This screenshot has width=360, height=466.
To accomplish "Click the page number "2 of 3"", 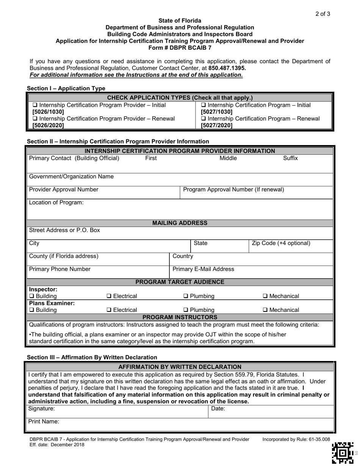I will coord(322,14).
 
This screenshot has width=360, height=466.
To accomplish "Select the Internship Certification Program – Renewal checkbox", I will coord(203,119).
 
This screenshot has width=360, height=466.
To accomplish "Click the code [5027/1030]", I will coord(216,112).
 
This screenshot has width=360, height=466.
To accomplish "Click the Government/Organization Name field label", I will coord(71,177).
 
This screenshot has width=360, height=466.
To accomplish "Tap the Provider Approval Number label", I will coord(64,189).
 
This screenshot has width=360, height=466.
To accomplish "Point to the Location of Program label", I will coord(56,202).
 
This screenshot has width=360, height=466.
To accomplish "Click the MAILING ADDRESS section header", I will coord(180,223).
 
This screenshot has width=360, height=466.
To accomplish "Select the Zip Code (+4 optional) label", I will coord(281,243).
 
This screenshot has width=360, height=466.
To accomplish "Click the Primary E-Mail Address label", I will coord(203,269).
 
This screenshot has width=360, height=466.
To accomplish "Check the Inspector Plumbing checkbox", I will coord(186,296).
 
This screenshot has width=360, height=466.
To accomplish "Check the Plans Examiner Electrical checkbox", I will coord(109,310).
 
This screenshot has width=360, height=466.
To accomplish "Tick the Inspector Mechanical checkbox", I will coord(266,296).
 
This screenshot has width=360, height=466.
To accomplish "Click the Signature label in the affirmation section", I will coord(42,408).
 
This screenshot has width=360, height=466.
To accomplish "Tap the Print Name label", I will coord(44,421).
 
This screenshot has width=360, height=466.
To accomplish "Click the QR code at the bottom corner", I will coord(343,453).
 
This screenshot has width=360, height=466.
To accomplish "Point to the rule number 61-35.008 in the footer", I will coord(318,439).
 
